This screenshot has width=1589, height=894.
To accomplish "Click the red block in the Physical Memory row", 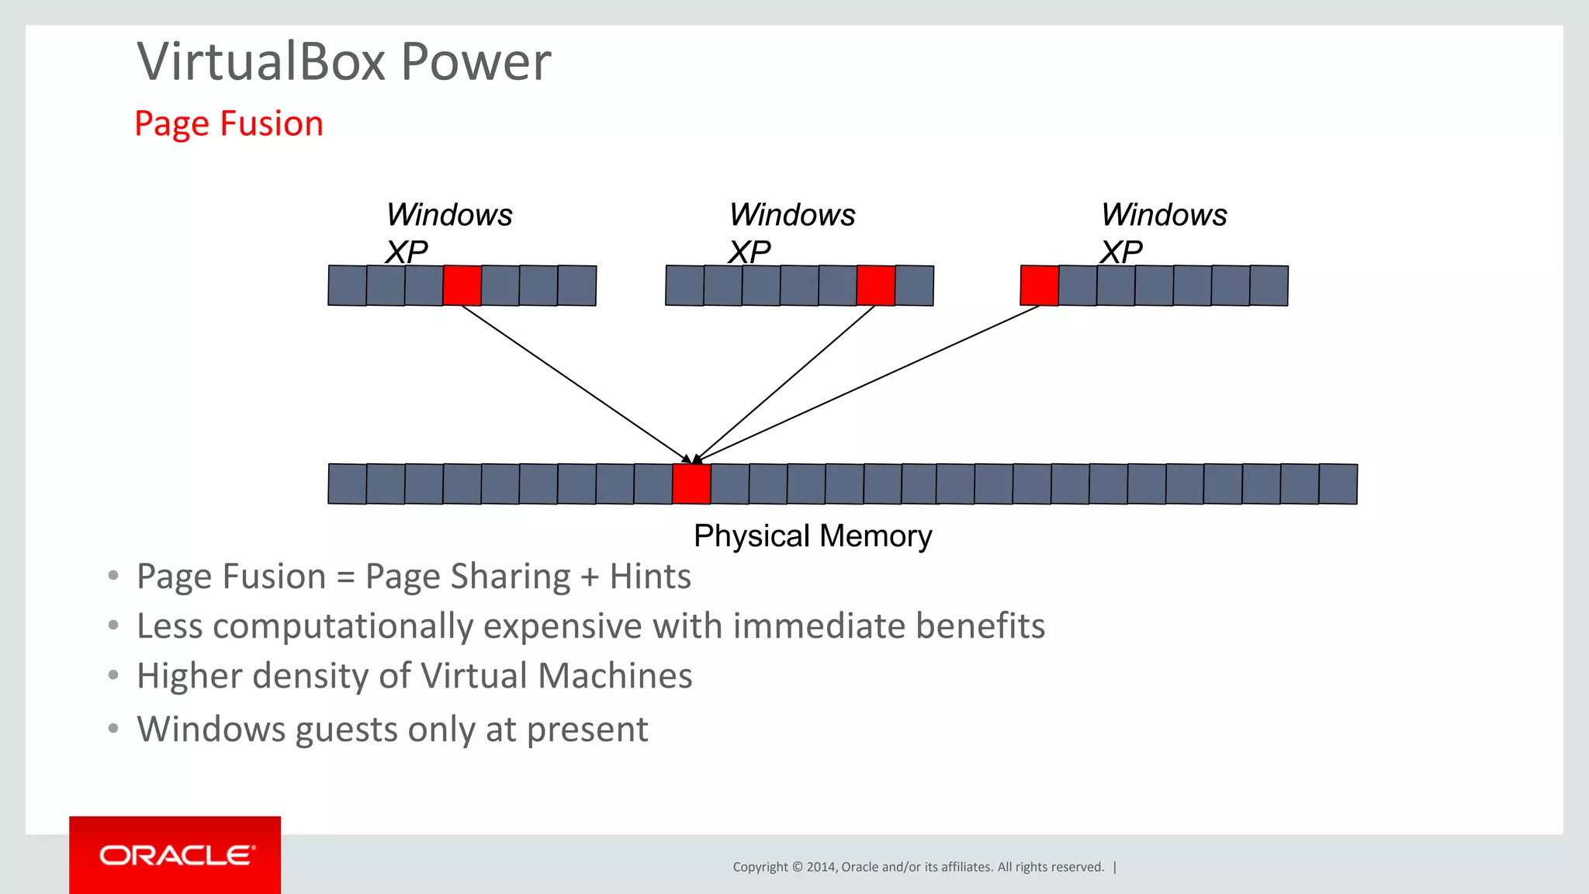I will click(691, 484).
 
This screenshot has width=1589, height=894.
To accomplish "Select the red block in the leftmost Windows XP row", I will click(462, 286).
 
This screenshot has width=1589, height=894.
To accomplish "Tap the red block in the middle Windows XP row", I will click(876, 286).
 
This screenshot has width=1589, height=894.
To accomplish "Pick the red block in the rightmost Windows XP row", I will click(1039, 286).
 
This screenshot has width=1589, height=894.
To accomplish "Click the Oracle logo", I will click(175, 855).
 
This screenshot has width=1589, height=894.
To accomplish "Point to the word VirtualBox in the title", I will click(261, 61).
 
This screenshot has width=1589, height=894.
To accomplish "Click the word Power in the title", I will click(476, 61).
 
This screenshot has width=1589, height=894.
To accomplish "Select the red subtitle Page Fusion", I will click(229, 124).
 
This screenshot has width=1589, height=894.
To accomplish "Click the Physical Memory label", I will click(812, 536).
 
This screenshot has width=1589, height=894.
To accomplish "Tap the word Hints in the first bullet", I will click(650, 577).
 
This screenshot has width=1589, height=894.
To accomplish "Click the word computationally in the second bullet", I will click(343, 626).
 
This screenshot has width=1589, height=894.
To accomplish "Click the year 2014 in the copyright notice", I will click(820, 867).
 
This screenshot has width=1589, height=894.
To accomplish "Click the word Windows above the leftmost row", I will click(449, 215).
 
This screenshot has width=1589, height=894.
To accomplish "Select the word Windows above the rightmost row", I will click(1164, 215).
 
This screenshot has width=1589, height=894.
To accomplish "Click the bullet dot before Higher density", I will click(114, 675).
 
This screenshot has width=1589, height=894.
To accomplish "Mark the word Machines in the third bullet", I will click(614, 676).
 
